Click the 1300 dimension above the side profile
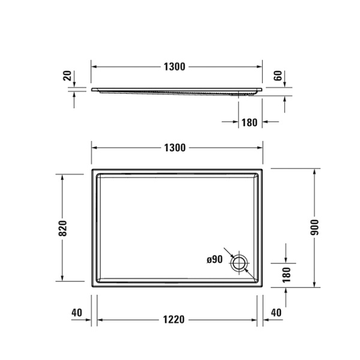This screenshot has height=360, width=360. tap(174, 66)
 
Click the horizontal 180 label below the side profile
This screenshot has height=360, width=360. tap(249, 122)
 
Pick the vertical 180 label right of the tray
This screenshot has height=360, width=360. tap(286, 274)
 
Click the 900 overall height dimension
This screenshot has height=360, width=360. tap(314, 228)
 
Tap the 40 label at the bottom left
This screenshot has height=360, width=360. tap(76, 313)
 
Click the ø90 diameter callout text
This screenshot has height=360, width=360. tap(215, 260)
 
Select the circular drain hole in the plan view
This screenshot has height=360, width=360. tap(241, 263)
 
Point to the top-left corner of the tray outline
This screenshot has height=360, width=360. tap(92, 170)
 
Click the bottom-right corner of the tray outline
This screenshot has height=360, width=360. tap(263, 286)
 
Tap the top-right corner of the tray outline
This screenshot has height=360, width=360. tap(263, 170)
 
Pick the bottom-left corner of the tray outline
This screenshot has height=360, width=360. tap(92, 286)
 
